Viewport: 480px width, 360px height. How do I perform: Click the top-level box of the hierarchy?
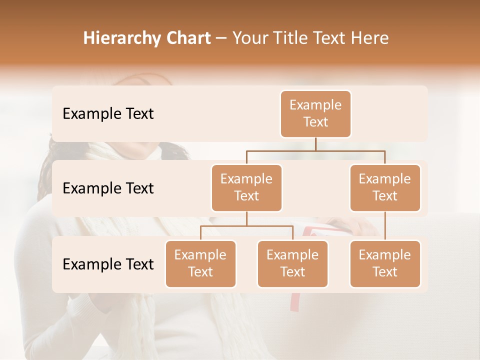tap(315, 114)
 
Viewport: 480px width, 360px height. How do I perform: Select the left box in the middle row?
tap(246, 187)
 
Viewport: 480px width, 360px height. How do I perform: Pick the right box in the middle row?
tap(385, 187)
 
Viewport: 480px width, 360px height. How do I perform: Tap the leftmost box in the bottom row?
tap(200, 263)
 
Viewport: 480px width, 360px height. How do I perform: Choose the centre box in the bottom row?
tap(292, 263)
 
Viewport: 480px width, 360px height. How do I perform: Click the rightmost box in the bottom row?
tap(385, 263)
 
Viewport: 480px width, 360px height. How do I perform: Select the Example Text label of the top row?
tap(108, 114)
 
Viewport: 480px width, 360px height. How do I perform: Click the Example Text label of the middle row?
tap(108, 188)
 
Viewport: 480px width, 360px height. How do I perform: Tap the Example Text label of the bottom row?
tap(108, 264)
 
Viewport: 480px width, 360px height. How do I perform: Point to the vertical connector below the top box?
tap(315, 144)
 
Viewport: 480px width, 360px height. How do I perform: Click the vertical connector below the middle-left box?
tap(246, 218)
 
